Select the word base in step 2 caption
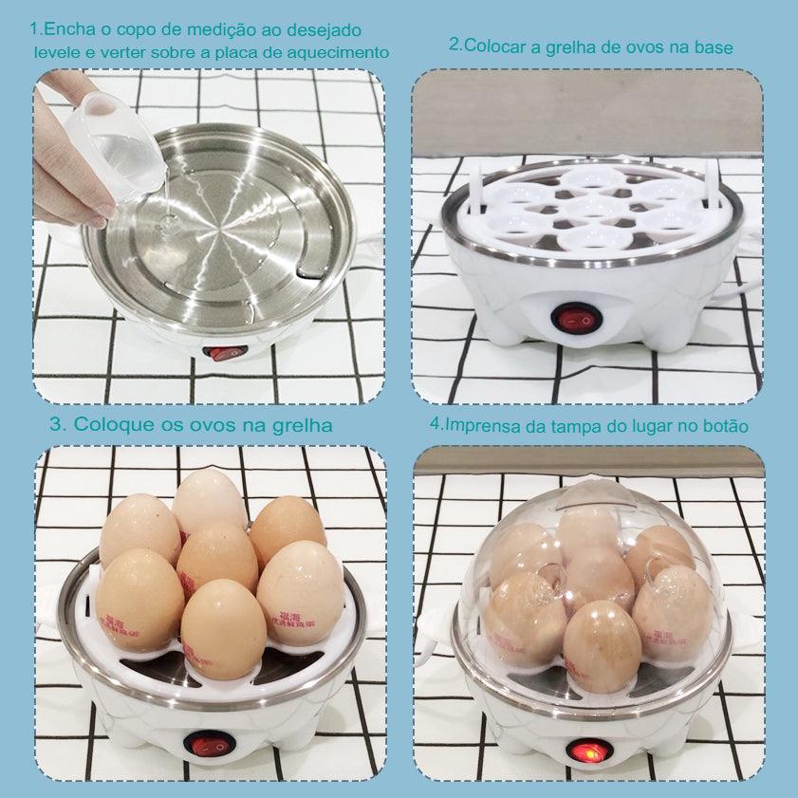(x=713, y=46)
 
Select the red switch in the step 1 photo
(x=227, y=353)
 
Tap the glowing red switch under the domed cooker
(x=585, y=751)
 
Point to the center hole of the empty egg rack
(x=590, y=206)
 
